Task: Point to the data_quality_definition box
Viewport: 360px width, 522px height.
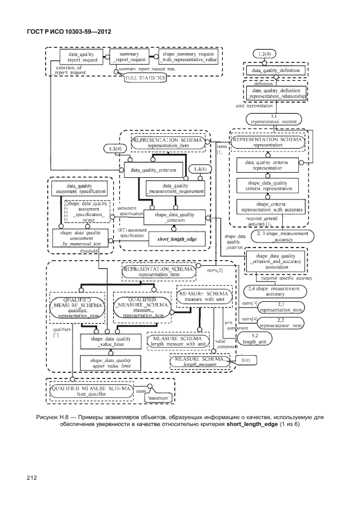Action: (x=275, y=70)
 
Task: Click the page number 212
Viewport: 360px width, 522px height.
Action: (x=31, y=477)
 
